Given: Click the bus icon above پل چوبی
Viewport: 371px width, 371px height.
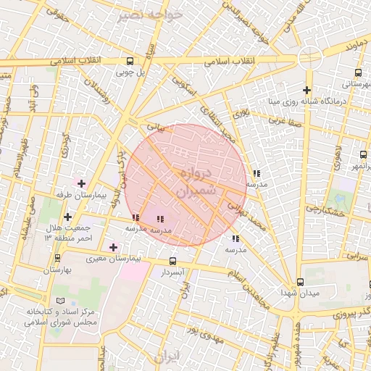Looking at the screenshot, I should coord(130,62).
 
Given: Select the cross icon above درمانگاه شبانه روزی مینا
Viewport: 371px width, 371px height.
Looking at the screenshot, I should coord(308,89).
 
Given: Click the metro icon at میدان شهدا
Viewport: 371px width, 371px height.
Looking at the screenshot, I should coord(300,282).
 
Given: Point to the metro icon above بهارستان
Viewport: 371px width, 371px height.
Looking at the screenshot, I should coord(58,257).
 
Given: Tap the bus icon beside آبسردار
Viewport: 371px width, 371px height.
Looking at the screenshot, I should coord(172,261).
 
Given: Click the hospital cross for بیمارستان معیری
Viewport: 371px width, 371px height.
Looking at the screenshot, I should coord(113,247).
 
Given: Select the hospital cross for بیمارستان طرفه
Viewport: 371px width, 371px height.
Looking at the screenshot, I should coord(81,183).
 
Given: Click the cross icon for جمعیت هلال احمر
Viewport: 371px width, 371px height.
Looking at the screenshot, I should coord(67,217).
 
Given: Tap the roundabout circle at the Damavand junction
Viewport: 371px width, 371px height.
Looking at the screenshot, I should coord(309,57).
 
